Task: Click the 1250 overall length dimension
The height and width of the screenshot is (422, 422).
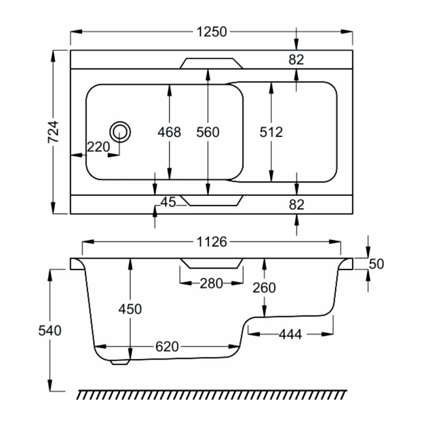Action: click(212, 32)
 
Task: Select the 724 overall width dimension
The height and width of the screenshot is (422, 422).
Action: click(53, 132)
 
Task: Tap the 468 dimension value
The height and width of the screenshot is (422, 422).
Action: click(169, 132)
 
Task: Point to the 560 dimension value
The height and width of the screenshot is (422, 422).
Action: click(207, 132)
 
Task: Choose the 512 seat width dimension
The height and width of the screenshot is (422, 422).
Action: click(272, 132)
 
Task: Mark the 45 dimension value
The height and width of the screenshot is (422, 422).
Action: click(168, 203)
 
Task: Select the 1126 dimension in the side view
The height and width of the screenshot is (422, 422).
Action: click(211, 242)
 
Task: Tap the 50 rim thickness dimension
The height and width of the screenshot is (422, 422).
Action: click(376, 264)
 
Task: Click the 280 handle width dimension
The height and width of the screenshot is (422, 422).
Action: click(211, 284)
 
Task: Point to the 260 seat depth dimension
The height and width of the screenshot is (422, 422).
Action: click(264, 287)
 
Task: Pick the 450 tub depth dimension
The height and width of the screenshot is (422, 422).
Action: click(130, 309)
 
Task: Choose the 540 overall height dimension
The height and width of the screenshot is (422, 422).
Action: click(51, 330)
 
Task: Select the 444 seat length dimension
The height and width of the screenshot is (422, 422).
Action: click(290, 334)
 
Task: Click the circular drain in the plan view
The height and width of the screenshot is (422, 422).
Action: click(120, 131)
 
